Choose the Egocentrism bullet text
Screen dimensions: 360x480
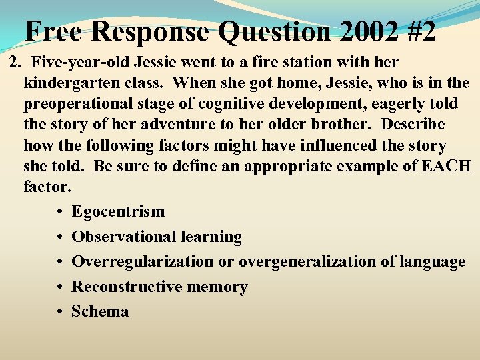[x=118, y=212]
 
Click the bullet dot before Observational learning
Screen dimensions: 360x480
[x=60, y=237]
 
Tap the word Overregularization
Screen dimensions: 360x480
[x=143, y=262]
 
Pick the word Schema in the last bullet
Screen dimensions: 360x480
[x=100, y=311]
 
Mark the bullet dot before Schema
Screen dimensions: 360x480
[x=60, y=312]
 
